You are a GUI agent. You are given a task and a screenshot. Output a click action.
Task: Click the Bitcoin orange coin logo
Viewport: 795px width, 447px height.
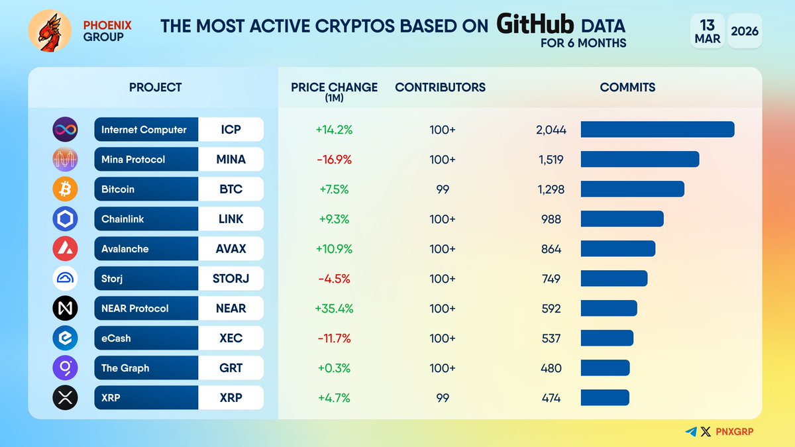pyautogui.click(x=65, y=189)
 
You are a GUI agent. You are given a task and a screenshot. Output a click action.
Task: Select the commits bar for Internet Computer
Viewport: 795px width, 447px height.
pyautogui.click(x=657, y=130)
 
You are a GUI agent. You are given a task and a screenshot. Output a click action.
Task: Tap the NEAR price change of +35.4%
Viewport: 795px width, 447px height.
pyautogui.click(x=335, y=309)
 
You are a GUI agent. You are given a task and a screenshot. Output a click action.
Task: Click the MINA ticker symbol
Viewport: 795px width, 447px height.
pyautogui.click(x=231, y=160)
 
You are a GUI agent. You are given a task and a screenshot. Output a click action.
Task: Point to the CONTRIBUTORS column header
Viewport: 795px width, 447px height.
pyautogui.click(x=440, y=87)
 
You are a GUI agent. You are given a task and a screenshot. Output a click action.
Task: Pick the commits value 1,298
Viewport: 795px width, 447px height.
pyautogui.click(x=550, y=189)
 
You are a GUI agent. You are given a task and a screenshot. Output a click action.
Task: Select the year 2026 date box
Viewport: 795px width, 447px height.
pyautogui.click(x=745, y=31)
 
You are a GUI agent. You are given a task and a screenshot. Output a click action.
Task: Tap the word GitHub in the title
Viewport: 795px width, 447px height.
pyautogui.click(x=536, y=25)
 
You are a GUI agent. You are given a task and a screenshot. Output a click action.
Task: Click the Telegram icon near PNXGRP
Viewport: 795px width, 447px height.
pyautogui.click(x=691, y=432)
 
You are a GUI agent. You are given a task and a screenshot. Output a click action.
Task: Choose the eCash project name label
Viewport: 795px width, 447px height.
pyautogui.click(x=116, y=338)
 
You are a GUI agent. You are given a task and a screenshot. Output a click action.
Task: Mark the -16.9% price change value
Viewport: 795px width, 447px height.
pyautogui.click(x=335, y=160)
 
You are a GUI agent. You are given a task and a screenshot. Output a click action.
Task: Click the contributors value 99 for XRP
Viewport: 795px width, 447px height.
pyautogui.click(x=443, y=398)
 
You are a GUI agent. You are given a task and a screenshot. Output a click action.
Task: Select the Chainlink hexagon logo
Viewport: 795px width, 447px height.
pyautogui.click(x=65, y=219)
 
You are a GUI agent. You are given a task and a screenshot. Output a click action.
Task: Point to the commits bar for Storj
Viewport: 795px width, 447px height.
pyautogui.click(x=613, y=279)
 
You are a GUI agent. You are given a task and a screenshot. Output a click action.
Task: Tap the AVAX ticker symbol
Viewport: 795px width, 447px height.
pyautogui.click(x=231, y=249)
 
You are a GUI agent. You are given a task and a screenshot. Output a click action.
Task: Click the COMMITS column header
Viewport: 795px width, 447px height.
pyautogui.click(x=627, y=87)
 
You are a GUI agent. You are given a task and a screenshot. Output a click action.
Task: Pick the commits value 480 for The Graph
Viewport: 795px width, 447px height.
pyautogui.click(x=551, y=368)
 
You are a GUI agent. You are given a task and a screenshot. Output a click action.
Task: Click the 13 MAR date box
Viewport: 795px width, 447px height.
pyautogui.click(x=707, y=31)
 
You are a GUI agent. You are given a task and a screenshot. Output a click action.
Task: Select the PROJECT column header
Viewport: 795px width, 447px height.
pyautogui.click(x=155, y=87)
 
